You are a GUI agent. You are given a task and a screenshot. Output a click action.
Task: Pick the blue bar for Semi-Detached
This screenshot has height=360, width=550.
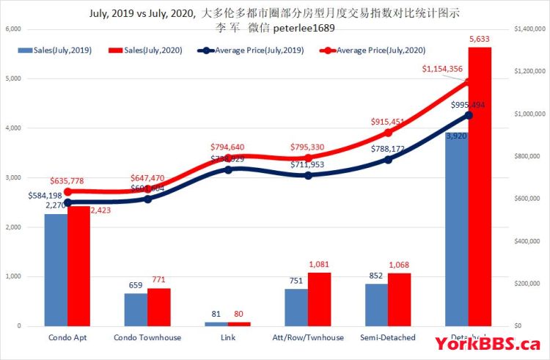376,305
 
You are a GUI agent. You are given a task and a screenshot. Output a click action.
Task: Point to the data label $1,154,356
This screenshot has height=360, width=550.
441,69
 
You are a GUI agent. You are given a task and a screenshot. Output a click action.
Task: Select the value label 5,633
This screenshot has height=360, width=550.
479,40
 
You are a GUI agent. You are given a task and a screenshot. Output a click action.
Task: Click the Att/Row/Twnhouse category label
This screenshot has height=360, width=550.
307,338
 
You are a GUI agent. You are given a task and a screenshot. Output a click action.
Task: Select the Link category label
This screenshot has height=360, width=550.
227,338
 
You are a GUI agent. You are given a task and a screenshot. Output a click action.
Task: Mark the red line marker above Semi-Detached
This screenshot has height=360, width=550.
389,133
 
